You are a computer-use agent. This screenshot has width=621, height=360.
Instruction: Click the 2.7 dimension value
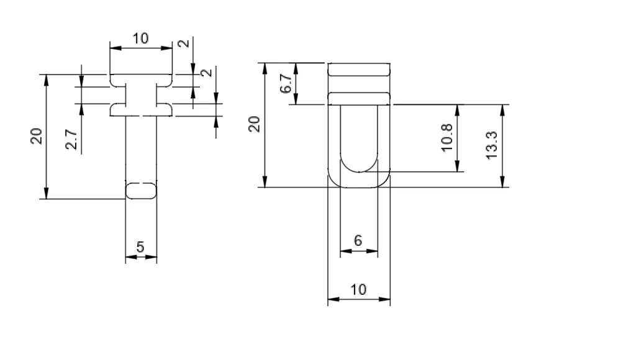click(71, 139)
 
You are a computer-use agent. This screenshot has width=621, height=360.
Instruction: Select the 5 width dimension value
click(140, 247)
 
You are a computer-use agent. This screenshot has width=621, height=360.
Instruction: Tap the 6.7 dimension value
click(286, 84)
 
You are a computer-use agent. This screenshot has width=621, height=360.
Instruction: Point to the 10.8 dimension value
click(446, 137)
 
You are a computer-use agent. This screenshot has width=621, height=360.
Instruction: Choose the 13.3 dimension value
click(491, 145)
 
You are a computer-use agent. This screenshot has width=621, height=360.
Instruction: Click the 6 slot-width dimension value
click(358, 240)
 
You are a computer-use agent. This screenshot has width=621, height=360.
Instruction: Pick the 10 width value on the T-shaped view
click(140, 39)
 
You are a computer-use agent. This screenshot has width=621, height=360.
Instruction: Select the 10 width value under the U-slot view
click(359, 289)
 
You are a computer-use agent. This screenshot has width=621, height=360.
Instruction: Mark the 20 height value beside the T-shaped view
click(37, 136)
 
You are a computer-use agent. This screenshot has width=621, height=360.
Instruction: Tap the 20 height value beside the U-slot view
click(254, 124)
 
